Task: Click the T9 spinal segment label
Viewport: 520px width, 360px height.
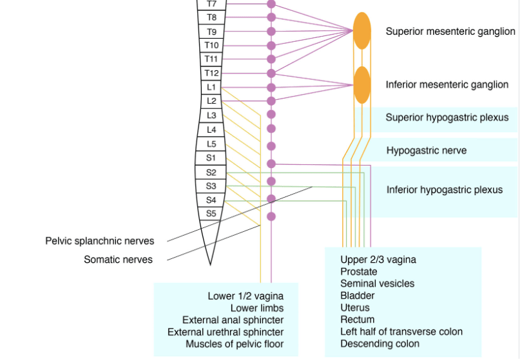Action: coord(211,32)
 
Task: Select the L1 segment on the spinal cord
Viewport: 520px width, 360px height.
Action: coord(211,88)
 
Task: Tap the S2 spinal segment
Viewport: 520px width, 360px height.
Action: coord(211,173)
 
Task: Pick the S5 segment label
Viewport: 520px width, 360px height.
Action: coord(211,213)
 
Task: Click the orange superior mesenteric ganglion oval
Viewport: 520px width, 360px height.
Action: coord(362,31)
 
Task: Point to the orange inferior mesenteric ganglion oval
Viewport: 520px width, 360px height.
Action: coord(362,85)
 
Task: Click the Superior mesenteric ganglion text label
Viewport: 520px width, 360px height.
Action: coord(450,32)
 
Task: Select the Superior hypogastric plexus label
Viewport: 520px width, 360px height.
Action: coord(447,117)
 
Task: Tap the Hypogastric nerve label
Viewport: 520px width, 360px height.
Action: coord(427,151)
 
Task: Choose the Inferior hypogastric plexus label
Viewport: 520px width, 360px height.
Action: coord(445,190)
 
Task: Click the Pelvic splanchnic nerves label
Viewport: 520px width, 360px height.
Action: coord(100,241)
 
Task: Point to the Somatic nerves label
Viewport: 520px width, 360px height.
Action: coord(119,260)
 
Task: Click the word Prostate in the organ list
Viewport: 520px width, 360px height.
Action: coord(359,272)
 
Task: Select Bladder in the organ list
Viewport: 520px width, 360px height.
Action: coord(358,296)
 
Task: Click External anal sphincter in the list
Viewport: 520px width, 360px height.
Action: coord(233,320)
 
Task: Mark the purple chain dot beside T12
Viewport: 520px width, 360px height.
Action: coord(271,73)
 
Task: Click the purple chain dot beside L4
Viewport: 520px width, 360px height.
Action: coord(271,130)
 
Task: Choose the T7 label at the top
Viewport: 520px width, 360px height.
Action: coord(211,4)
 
